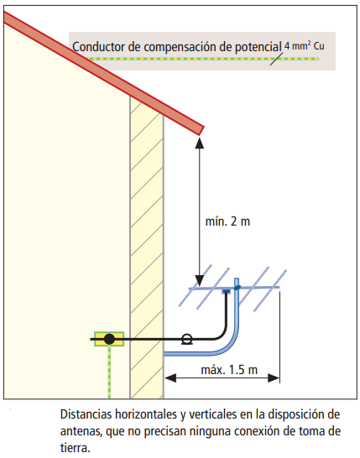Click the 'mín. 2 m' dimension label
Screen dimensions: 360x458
click(227, 221)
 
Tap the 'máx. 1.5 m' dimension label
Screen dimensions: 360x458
click(229, 370)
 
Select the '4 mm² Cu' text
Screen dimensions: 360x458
click(305, 46)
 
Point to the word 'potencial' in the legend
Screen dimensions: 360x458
click(258, 47)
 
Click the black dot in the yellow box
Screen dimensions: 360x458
click(109, 339)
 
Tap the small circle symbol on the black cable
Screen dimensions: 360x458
click(187, 339)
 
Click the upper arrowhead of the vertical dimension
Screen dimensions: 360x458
click(200, 143)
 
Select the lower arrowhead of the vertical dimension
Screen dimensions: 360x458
click(200, 281)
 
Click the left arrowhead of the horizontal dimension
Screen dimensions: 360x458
click(170, 378)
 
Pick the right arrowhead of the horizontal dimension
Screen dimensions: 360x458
click(274, 378)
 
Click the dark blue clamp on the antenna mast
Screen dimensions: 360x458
click(237, 288)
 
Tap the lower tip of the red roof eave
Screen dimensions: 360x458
click(200, 135)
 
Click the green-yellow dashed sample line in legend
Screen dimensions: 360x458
click(202, 59)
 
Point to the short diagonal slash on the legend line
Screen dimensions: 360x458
click(276, 59)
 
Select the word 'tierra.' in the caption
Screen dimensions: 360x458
click(76, 448)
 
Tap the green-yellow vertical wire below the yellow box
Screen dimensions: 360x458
click(109, 372)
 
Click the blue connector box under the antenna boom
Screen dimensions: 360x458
click(227, 291)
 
